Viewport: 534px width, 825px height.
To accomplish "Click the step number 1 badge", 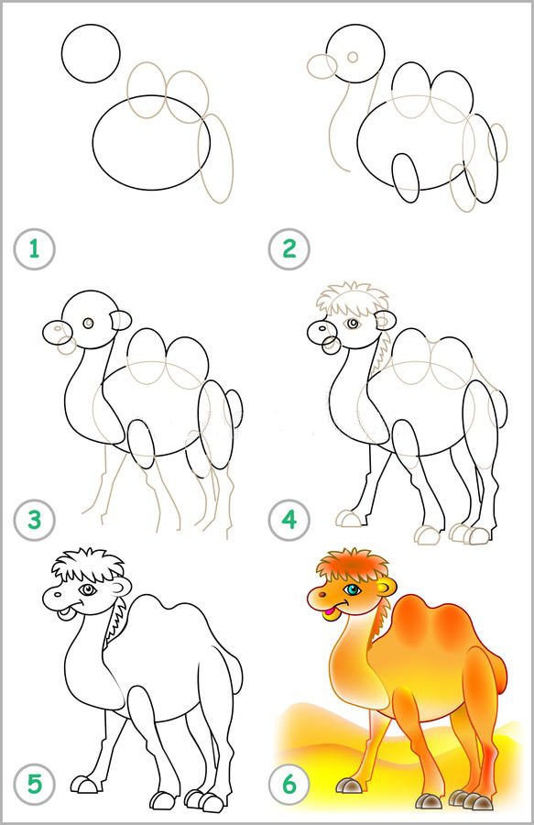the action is [34, 248].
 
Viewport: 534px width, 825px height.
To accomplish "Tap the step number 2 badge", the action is [289, 248].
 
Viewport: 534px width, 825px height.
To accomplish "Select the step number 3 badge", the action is [34, 521].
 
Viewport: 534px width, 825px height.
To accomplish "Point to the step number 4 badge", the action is [289, 521].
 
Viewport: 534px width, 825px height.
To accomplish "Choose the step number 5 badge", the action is [34, 785].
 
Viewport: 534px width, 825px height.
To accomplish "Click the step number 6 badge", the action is [289, 785].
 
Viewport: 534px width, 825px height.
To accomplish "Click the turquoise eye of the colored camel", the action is [352, 589].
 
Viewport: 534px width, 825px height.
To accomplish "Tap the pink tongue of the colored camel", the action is [329, 610].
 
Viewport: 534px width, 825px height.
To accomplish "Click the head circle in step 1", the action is [91, 53].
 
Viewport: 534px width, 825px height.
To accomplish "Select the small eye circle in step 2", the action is [354, 56].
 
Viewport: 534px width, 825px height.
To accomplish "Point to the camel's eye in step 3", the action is [88, 323].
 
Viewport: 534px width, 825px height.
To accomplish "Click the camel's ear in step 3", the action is [121, 320].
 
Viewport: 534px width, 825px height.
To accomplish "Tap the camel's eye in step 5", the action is [87, 590].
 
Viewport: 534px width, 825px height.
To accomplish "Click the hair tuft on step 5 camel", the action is [88, 566].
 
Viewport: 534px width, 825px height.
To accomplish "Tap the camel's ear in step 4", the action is [387, 319].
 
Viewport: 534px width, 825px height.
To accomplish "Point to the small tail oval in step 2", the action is [497, 142].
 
